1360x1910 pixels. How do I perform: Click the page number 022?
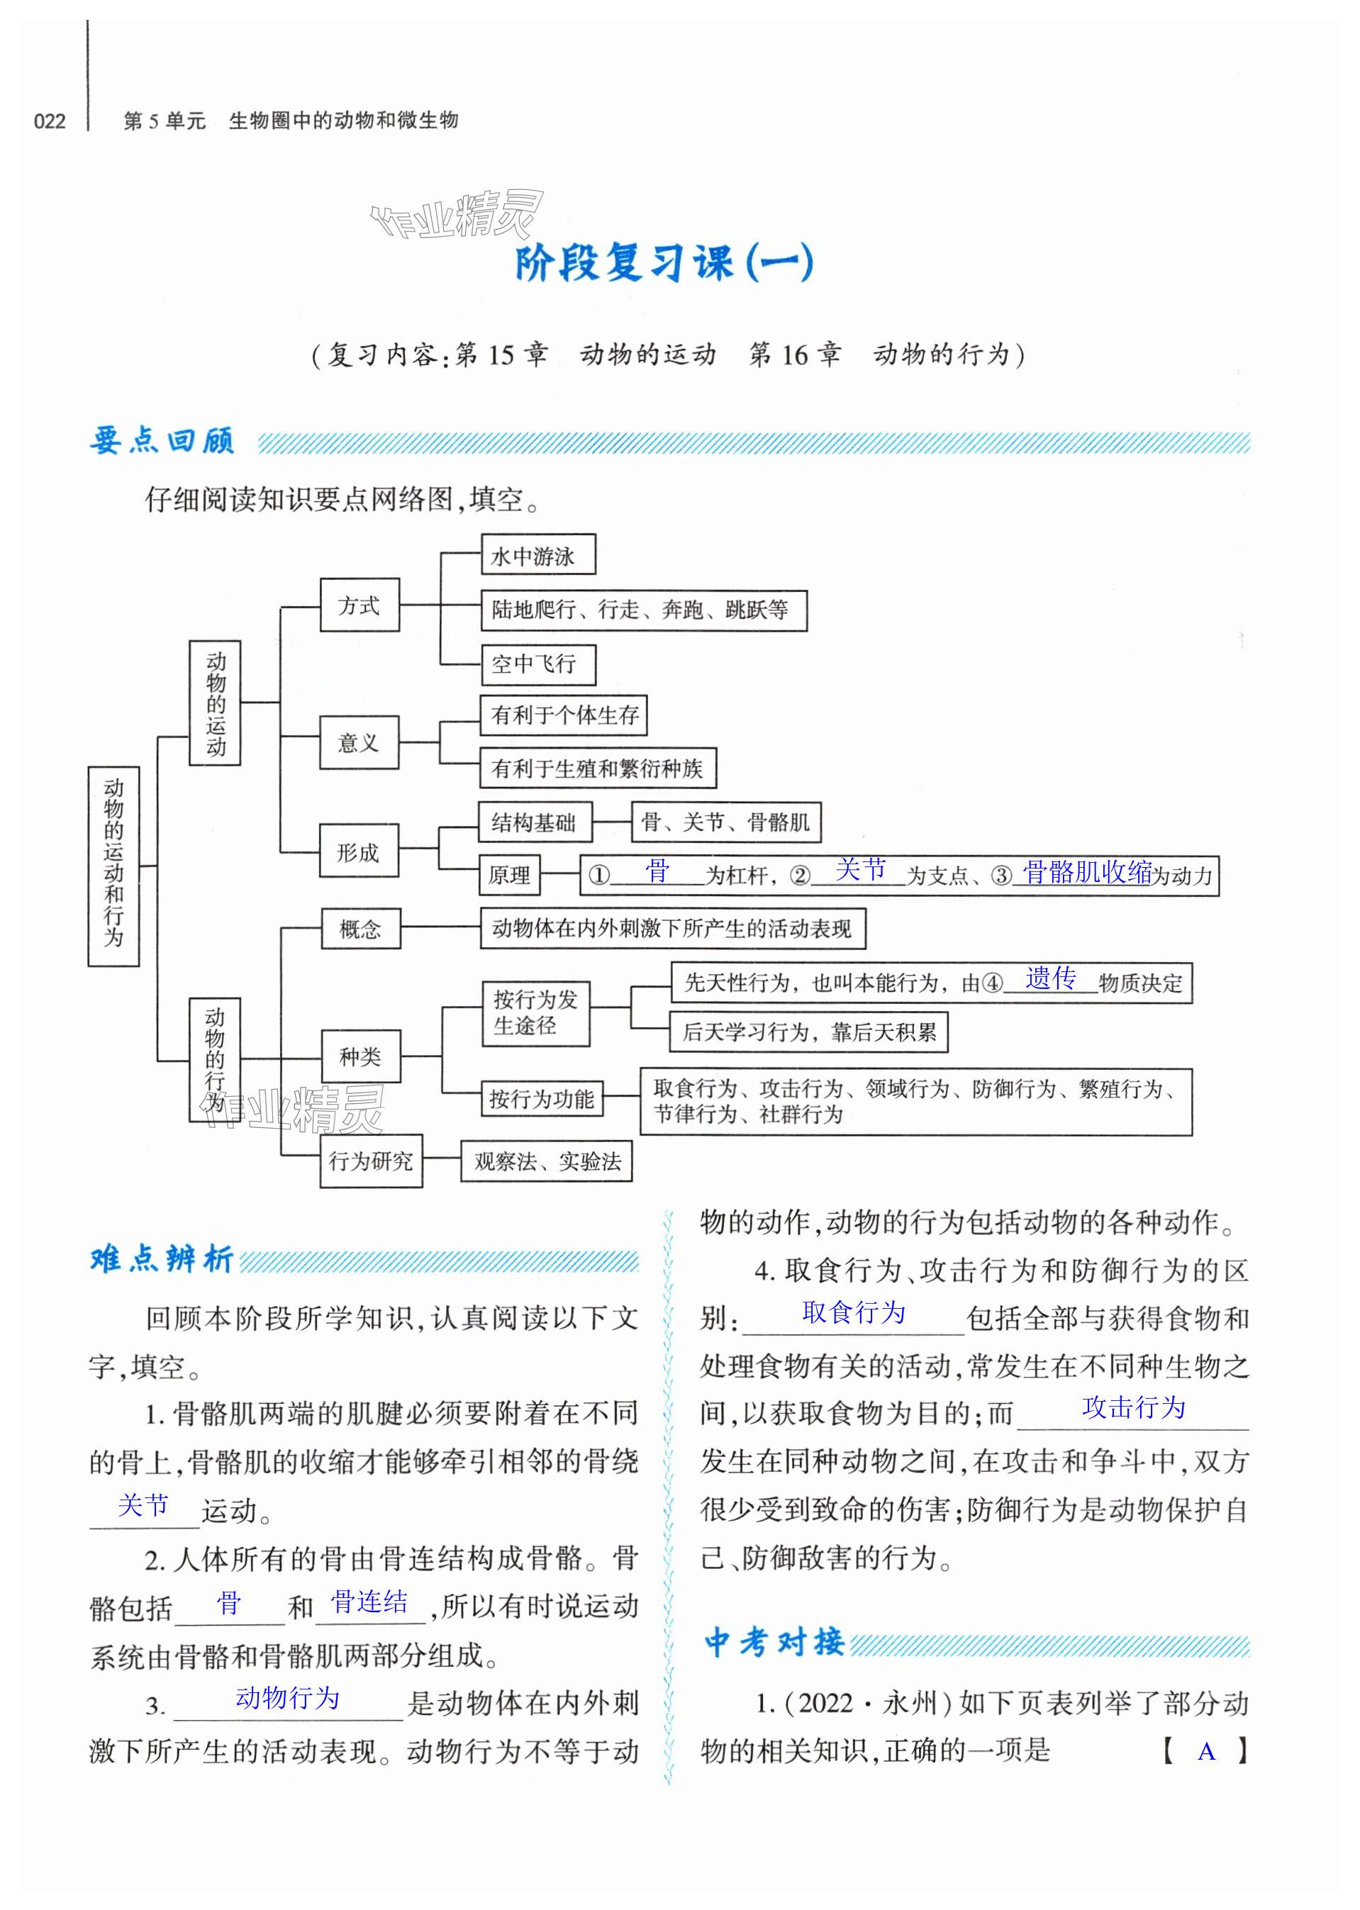(x=50, y=121)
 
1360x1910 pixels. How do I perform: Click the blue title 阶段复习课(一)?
(x=662, y=262)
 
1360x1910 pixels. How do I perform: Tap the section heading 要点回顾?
(x=162, y=440)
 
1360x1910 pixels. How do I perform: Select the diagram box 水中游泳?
(x=537, y=555)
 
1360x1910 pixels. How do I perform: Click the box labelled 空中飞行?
(x=537, y=664)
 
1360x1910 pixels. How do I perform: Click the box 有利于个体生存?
(x=564, y=715)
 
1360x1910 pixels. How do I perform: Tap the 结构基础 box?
(x=535, y=822)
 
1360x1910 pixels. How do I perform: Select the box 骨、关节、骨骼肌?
(x=726, y=822)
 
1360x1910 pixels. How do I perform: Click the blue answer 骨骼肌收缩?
(x=1087, y=873)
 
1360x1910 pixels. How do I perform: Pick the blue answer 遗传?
(x=1050, y=978)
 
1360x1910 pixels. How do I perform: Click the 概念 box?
(x=360, y=929)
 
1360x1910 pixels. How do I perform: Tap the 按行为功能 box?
(x=541, y=1099)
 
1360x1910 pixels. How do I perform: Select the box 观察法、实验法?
(x=546, y=1161)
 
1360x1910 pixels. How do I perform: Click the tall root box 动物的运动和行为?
(x=114, y=865)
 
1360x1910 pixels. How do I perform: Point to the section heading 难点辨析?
(x=162, y=1258)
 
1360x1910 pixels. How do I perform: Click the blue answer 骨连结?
(x=369, y=1602)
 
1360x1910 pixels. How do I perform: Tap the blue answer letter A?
(x=1206, y=1751)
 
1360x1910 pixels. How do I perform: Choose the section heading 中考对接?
(x=774, y=1642)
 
